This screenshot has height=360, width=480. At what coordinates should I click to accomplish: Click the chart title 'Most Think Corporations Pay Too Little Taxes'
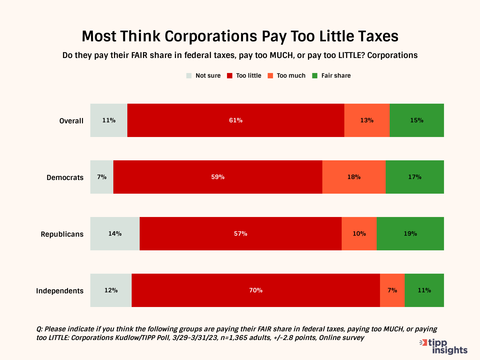click(240, 36)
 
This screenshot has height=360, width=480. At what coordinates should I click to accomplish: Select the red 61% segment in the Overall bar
click(236, 120)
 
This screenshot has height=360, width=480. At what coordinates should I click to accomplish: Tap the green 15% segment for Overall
click(417, 120)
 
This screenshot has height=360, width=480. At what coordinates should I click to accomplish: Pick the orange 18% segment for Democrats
click(354, 177)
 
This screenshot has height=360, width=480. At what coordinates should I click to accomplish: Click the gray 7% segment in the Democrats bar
click(102, 177)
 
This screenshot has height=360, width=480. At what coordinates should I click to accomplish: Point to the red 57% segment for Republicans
click(240, 234)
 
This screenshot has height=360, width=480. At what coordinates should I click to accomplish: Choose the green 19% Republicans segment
click(410, 234)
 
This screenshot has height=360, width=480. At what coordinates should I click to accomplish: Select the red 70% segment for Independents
click(256, 290)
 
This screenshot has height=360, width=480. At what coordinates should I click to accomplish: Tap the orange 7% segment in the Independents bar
click(392, 290)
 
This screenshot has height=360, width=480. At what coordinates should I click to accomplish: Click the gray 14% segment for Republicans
click(115, 234)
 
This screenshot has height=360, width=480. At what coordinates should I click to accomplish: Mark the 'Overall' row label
click(71, 121)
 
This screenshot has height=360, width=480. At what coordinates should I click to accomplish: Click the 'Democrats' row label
click(65, 177)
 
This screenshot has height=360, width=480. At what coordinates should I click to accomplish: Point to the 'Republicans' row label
click(62, 234)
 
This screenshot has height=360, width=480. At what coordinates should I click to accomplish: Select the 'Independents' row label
click(60, 291)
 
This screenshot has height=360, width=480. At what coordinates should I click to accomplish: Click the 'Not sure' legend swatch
click(189, 76)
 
